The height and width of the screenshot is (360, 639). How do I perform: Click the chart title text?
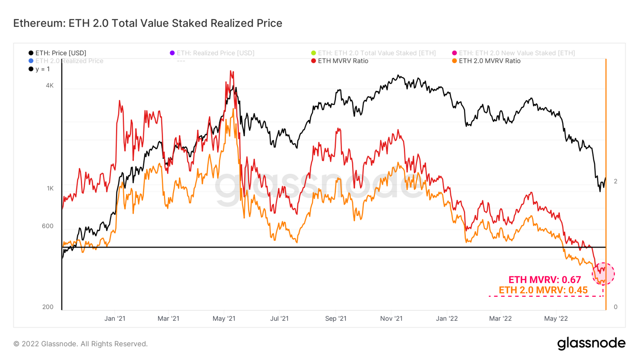148,23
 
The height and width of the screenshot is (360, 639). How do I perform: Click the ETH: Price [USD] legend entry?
58,53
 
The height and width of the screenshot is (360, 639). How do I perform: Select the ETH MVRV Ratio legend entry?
340,61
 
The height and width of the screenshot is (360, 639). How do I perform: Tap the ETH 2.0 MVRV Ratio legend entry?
486,61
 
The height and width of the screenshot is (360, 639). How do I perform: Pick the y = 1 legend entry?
39,69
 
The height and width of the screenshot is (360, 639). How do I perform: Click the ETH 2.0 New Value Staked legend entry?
513,53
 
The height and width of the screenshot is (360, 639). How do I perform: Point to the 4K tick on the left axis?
50,86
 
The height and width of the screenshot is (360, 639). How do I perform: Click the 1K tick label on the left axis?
50,188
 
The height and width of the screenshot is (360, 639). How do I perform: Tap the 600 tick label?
48,226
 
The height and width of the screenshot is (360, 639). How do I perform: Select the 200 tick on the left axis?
48,307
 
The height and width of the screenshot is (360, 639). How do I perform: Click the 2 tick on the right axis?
615,181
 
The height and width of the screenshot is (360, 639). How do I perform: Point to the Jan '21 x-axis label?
115,318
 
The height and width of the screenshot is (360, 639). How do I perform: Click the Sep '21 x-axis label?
335,318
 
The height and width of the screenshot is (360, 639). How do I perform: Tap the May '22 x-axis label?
556,318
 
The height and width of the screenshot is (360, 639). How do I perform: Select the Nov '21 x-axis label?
391,318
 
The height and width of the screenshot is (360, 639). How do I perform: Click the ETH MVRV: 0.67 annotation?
544,280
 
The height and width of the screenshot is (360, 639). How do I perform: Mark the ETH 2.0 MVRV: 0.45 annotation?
543,290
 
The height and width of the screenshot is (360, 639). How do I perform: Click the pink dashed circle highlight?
603,274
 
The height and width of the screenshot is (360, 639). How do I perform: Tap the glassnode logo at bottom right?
591,343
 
